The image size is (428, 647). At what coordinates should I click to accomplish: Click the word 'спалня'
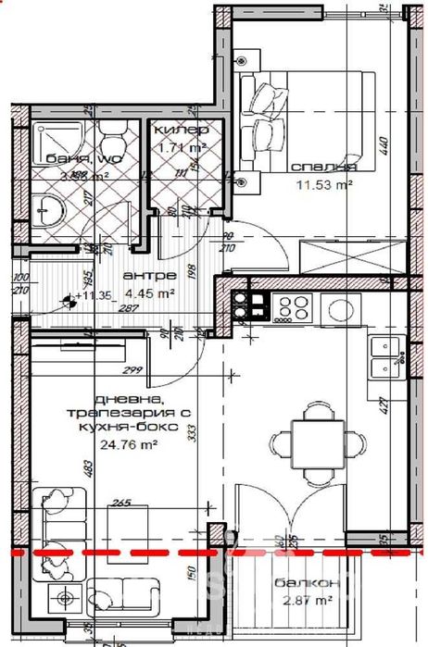[x=323, y=168]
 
